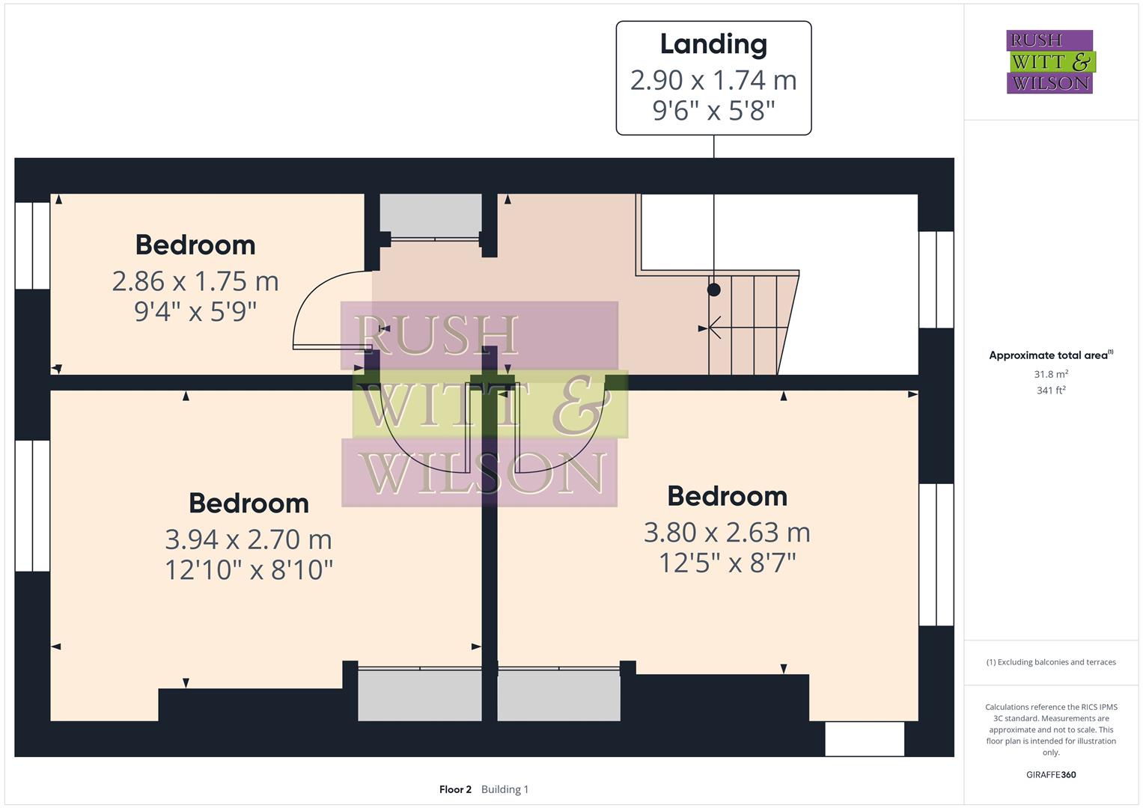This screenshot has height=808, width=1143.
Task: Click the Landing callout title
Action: point(713,44)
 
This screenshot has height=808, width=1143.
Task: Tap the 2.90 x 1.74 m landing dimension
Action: point(713,79)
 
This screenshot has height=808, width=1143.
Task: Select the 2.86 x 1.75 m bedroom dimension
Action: point(195,281)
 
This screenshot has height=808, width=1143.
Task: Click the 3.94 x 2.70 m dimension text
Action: point(249,539)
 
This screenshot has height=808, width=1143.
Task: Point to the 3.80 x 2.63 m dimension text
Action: point(727,532)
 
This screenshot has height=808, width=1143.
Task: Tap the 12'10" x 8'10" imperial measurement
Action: point(249,569)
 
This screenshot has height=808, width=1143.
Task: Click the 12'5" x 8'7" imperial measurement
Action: point(727,563)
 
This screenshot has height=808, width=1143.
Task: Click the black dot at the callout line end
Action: point(714,290)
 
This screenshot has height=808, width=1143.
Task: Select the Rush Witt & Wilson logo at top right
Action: point(1049,62)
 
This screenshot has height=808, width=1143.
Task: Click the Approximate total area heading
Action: point(1050,355)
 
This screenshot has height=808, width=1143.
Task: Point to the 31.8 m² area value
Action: point(1050,374)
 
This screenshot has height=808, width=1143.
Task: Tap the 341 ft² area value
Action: point(1050,390)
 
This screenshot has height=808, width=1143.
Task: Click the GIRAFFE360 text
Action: point(1050,774)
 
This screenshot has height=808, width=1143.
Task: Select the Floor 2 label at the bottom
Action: point(455,789)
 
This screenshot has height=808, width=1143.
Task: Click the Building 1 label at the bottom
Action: point(505,789)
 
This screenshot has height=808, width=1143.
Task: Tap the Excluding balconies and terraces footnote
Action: point(1050,662)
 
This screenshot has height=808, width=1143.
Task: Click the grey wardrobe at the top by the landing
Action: point(430,214)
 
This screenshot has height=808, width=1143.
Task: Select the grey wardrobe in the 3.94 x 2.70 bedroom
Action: point(419,695)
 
